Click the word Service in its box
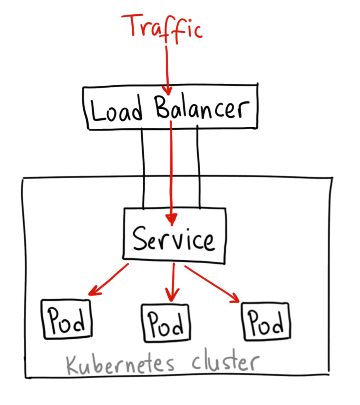pyautogui.click(x=174, y=239)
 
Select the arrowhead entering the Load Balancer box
pyautogui.click(x=168, y=90)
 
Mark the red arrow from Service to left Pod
pyautogui.click(x=108, y=279)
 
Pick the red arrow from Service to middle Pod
pyautogui.click(x=173, y=282)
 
